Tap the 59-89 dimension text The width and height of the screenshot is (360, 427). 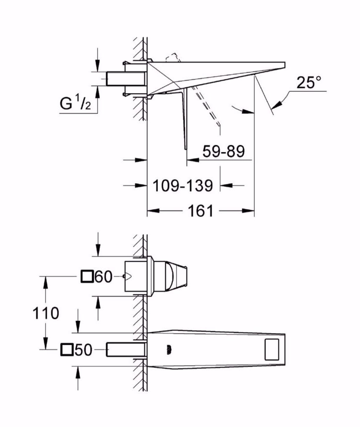tap(223, 151)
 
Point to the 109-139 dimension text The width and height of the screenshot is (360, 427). tap(183, 186)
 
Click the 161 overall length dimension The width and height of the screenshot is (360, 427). tap(200, 211)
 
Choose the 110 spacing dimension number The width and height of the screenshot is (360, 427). tap(46, 313)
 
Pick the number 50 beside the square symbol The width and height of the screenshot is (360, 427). tap(84, 350)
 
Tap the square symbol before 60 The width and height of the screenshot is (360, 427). tap(87, 277)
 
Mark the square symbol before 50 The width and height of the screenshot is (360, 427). tap(67, 349)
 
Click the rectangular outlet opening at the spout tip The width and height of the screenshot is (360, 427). tap(272, 349)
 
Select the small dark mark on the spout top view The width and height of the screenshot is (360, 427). tap(169, 349)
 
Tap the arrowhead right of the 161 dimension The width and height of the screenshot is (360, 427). tap(248, 210)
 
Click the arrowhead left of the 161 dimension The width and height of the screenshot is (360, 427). tap(153, 210)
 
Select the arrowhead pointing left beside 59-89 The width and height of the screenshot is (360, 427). tap(193, 160)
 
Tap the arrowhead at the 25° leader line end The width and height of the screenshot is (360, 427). tap(278, 105)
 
